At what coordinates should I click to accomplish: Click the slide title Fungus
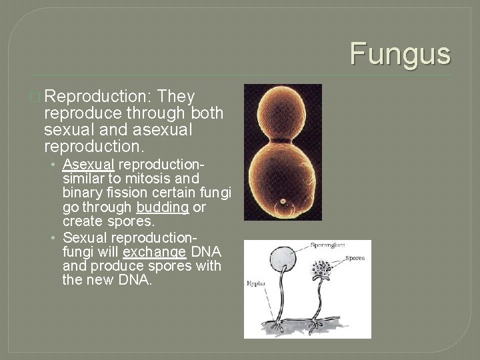pos(400,53)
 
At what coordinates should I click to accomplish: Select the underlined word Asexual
pos(88,164)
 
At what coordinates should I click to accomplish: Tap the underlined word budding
pos(163,207)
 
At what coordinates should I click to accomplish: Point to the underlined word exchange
pos(154,252)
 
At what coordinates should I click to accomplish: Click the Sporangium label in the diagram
pos(329,245)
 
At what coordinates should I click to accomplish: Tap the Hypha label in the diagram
pos(255,283)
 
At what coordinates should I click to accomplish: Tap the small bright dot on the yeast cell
pos(283,201)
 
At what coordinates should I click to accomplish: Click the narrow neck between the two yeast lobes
pos(281,141)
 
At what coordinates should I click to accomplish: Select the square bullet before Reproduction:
pos(35,96)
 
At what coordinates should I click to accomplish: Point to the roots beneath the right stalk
pos(315,326)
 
